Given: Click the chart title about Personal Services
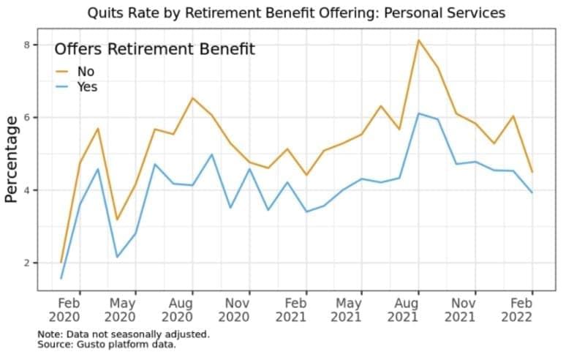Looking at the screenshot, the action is pyautogui.click(x=296, y=13).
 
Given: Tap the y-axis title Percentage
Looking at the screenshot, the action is pyautogui.click(x=11, y=160).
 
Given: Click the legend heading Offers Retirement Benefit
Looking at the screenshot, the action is pyautogui.click(x=155, y=49).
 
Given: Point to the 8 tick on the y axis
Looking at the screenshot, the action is pyautogui.click(x=26, y=45).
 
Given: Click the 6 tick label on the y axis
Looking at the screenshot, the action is pyautogui.click(x=26, y=117).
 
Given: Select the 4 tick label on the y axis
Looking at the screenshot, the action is pyautogui.click(x=26, y=190).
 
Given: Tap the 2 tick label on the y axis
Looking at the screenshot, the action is pyautogui.click(x=26, y=263).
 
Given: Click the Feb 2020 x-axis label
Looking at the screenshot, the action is pyautogui.click(x=64, y=310).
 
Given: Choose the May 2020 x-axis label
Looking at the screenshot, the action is pyautogui.click(x=120, y=310).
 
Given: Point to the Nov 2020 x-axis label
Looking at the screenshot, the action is pyautogui.click(x=234, y=310).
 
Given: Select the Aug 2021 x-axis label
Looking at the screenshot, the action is pyautogui.click(x=403, y=310).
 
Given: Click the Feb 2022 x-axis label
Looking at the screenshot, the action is pyautogui.click(x=517, y=310).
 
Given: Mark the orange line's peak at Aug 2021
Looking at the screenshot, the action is pyautogui.click(x=418, y=40).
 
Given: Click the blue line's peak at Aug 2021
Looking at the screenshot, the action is pyautogui.click(x=418, y=113).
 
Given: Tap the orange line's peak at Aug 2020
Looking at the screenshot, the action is pyautogui.click(x=192, y=98).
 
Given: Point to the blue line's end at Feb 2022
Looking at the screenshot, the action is pyautogui.click(x=532, y=192).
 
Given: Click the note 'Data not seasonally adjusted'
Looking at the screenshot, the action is pyautogui.click(x=124, y=334).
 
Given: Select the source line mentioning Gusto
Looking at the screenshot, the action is pyautogui.click(x=107, y=345).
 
